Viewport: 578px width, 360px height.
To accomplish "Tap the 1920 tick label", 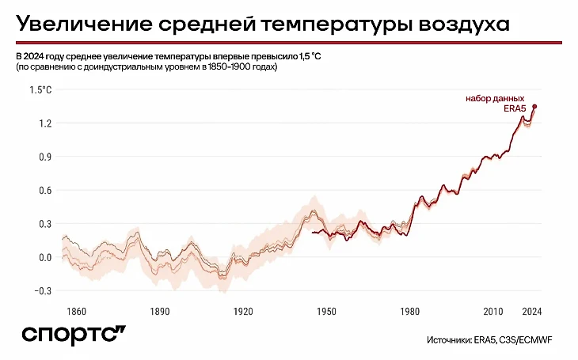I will pyautogui.click(x=244, y=311).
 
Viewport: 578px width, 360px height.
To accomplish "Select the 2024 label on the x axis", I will pyautogui.click(x=532, y=311).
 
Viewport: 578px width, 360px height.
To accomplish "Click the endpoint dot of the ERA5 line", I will pyautogui.click(x=534, y=106).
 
